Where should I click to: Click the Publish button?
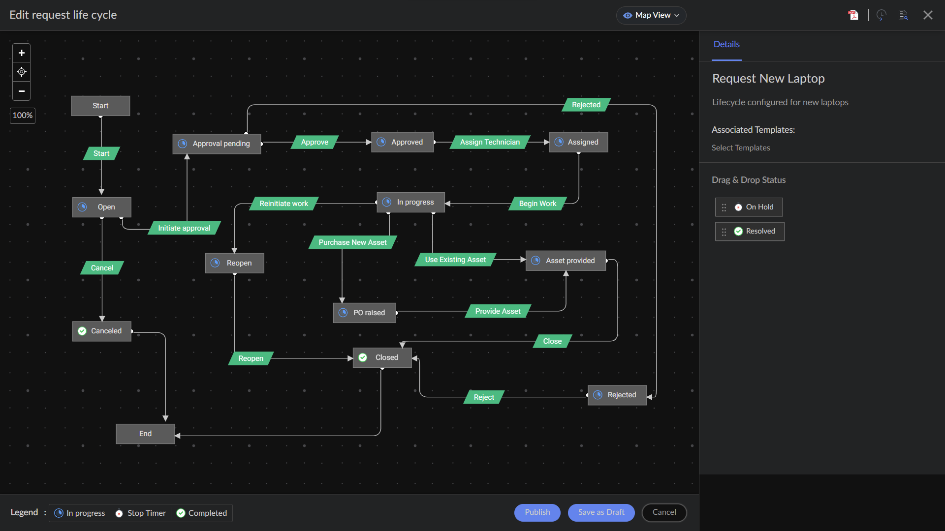537,512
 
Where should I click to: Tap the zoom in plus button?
21,53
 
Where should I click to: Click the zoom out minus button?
21,91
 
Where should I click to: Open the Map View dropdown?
651,15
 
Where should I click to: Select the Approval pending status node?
217,144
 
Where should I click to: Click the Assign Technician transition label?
490,142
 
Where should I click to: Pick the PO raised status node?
364,313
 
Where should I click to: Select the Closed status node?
382,357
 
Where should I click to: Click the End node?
145,434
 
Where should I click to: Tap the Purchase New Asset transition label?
352,242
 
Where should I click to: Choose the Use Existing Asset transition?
455,260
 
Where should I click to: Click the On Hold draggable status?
749,207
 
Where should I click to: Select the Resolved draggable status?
750,231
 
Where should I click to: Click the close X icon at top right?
928,15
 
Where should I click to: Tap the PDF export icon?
853,15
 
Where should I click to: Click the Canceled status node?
102,331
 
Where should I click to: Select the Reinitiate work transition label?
283,204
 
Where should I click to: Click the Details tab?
726,44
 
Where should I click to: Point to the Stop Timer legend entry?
141,513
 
